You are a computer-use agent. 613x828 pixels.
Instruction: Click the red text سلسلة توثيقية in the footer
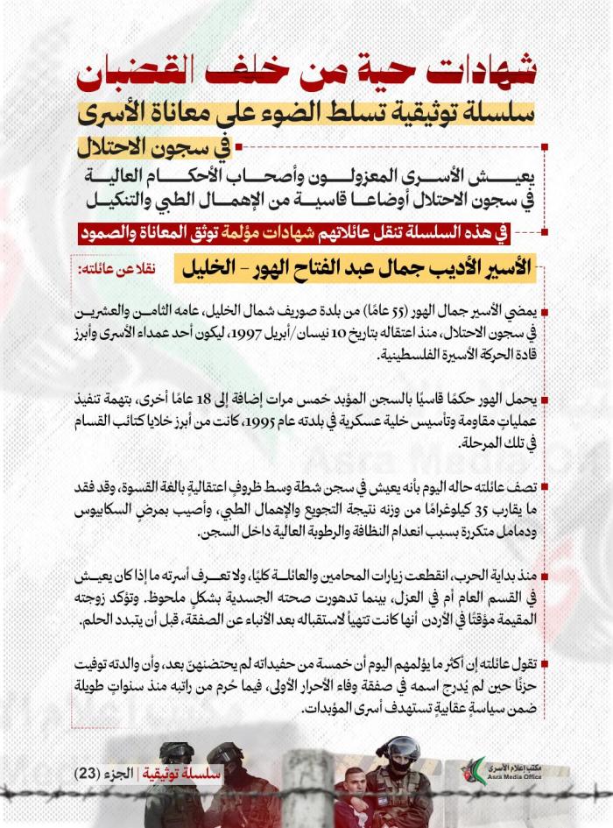[186, 774]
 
